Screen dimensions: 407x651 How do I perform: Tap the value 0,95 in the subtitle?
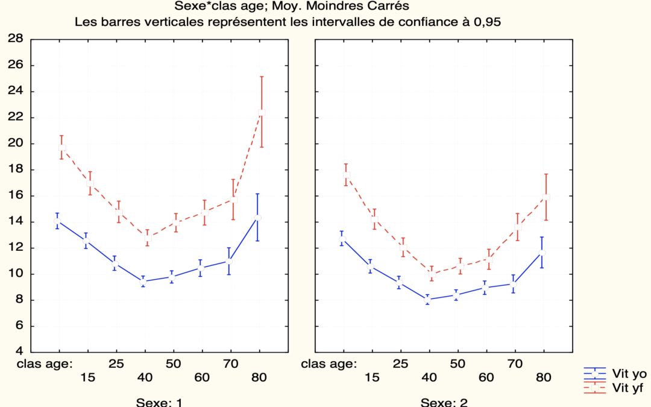click(486, 22)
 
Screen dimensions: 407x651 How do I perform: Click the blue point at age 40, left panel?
click(143, 282)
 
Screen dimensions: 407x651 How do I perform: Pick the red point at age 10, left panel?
click(61, 148)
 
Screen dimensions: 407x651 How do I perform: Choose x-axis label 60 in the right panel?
click(486, 377)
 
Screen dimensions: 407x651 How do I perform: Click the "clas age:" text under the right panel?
click(329, 364)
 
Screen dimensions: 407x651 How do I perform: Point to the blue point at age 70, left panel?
click(229, 260)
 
